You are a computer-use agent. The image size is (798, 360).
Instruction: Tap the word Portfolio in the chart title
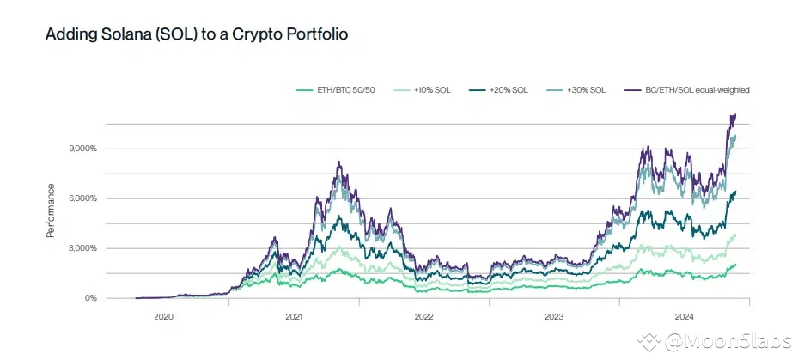(314, 35)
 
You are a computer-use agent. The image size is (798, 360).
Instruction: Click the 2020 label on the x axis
(163, 317)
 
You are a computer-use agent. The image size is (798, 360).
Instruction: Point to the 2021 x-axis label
(294, 317)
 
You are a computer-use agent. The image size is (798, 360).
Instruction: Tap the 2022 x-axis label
(423, 317)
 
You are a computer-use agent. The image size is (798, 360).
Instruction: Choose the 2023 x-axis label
(554, 317)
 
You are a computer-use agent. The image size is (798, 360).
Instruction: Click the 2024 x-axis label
(685, 317)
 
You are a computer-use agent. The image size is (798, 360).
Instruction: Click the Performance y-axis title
(52, 211)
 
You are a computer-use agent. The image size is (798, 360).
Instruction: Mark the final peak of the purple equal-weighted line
(734, 114)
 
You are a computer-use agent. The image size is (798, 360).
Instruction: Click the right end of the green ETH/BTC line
(736, 265)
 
